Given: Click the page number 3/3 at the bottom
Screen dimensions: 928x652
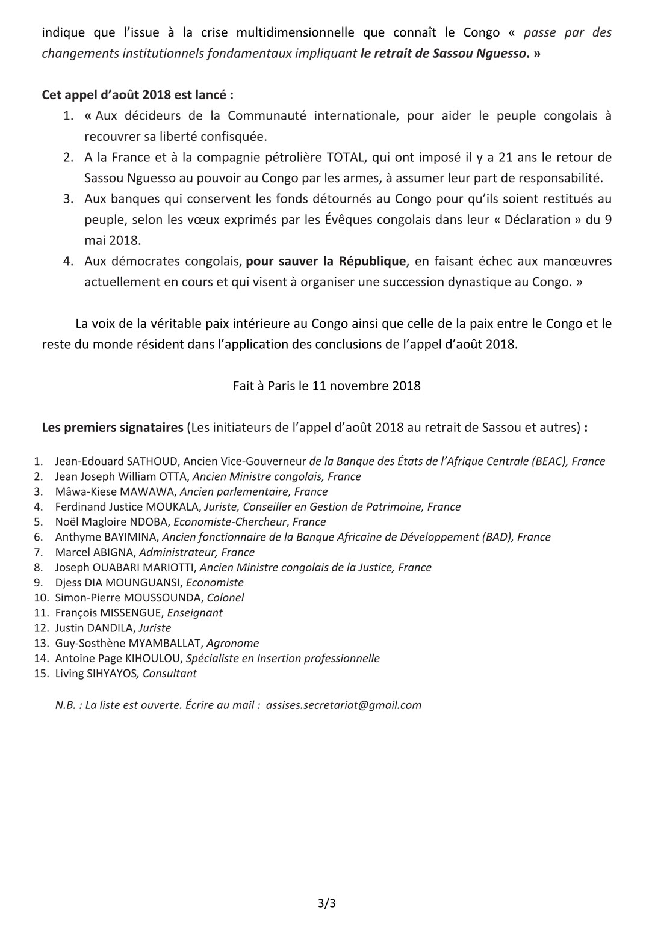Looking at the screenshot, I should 326,902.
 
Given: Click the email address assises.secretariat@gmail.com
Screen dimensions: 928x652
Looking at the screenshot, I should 343,705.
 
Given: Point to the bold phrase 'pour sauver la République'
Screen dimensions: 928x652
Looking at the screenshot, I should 326,261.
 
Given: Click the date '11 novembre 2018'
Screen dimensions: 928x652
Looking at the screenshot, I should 366,386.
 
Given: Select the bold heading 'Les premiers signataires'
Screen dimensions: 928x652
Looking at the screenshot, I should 112,428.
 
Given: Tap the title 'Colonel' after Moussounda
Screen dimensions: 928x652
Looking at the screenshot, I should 225,598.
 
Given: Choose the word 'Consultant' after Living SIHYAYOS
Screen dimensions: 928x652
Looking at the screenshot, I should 169,673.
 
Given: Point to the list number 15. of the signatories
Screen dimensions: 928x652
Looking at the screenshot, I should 41,673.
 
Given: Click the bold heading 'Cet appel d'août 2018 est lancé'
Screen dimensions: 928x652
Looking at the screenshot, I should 137,95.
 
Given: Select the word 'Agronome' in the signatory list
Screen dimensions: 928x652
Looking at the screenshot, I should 232,643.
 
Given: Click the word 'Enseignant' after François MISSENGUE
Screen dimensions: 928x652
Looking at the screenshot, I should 194,613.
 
